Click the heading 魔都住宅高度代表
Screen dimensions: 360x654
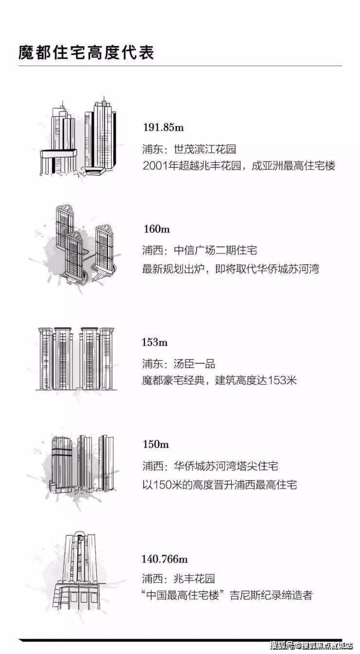click(86, 53)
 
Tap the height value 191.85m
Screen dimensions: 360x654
click(163, 127)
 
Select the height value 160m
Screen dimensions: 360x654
click(157, 229)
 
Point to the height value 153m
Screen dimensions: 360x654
click(155, 342)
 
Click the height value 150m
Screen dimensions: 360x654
click(156, 444)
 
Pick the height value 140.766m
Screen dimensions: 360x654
click(165, 559)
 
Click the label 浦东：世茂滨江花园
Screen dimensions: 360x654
click(189, 149)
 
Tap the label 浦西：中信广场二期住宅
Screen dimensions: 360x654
click(200, 250)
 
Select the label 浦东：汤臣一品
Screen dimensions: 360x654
click(179, 364)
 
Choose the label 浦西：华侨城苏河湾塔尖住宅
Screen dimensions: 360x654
click(210, 466)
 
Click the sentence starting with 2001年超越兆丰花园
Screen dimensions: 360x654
click(239, 166)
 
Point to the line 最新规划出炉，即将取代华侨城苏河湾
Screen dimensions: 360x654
click(231, 268)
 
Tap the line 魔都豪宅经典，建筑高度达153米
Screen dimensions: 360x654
click(219, 380)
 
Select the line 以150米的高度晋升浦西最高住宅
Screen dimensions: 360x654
click(219, 485)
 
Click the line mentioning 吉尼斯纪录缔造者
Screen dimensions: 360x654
click(227, 595)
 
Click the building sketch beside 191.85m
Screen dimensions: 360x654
click(78, 137)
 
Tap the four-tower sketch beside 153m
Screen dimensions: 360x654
click(76, 358)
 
